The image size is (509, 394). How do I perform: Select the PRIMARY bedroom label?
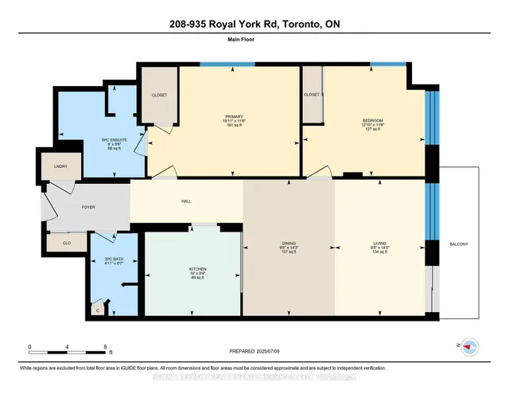(x=233, y=116)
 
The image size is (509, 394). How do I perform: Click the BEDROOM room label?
(x=373, y=121)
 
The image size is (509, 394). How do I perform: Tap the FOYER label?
(x=87, y=207)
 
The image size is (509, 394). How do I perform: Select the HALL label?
(x=186, y=201)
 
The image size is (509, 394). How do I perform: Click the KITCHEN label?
(x=198, y=269)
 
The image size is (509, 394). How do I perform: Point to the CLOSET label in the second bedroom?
(x=312, y=95)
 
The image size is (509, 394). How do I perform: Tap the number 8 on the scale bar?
(x=106, y=347)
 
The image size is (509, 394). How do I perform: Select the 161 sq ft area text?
(x=233, y=127)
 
